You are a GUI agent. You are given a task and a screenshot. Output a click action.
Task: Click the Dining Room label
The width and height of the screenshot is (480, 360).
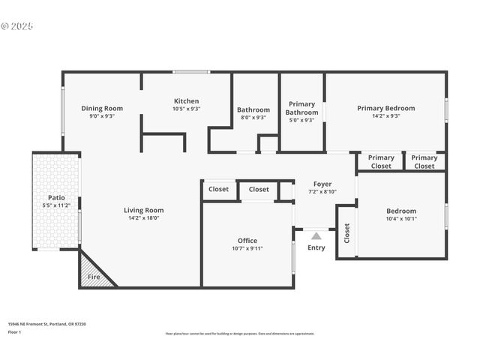[102, 108]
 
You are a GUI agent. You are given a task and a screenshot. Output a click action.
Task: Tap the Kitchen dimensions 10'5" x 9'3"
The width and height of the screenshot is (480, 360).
[186, 109]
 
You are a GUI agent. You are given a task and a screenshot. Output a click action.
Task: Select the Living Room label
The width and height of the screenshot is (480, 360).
[143, 210]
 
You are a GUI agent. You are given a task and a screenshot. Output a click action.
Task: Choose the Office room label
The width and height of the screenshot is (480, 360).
[247, 241]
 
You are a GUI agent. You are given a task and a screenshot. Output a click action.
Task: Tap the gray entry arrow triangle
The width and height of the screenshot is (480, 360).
[316, 236]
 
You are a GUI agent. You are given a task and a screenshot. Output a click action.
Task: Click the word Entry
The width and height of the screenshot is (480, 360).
[316, 247]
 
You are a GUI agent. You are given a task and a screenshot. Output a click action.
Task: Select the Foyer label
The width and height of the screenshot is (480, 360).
[322, 184]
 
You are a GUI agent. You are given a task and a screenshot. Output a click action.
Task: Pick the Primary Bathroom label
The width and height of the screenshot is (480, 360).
[301, 108]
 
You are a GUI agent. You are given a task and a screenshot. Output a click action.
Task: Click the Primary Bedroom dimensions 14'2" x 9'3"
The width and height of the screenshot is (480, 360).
[385, 116]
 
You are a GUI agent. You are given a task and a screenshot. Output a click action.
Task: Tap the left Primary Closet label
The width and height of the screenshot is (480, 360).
[381, 161]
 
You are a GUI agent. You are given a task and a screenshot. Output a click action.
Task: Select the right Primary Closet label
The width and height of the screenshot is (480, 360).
[424, 161]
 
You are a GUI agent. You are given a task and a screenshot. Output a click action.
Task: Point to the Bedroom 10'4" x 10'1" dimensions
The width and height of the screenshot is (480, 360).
[401, 219]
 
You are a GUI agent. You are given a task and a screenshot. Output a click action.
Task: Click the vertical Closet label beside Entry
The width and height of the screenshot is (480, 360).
[346, 233]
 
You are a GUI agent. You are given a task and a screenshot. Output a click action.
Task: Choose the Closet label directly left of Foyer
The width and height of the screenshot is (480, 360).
[259, 190]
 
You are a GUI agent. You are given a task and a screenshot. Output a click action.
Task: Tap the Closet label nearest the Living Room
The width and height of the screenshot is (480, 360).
[219, 190]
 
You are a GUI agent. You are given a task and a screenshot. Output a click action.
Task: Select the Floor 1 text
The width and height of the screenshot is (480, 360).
[14, 331]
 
